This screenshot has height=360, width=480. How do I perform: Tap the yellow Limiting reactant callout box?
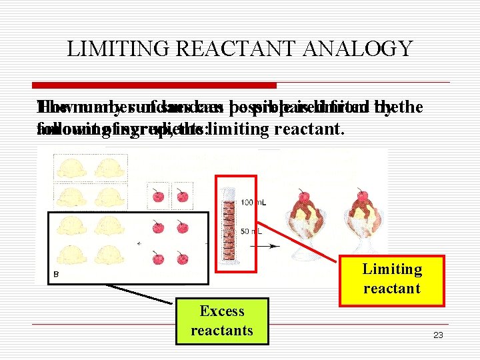[392, 279]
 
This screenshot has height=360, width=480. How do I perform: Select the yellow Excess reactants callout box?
[222, 321]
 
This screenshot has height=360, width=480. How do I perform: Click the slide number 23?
[437, 335]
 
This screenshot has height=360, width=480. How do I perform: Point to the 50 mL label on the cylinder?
[251, 231]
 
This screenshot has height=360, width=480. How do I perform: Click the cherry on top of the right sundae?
[363, 197]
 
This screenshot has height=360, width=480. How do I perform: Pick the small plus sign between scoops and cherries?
[139, 243]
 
